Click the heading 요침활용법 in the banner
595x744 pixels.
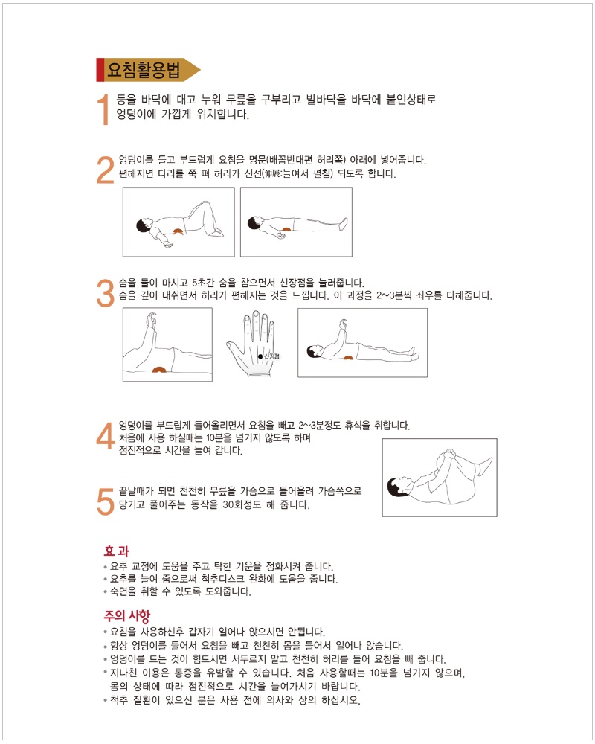(x=144, y=70)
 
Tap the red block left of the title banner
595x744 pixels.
(x=100, y=70)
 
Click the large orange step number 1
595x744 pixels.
(x=104, y=109)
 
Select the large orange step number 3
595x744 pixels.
(x=105, y=292)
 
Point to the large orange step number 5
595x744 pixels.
(x=105, y=500)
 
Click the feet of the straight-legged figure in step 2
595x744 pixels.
(x=343, y=221)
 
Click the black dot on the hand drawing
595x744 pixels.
(x=260, y=356)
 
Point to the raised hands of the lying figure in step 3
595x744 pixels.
(x=344, y=325)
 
